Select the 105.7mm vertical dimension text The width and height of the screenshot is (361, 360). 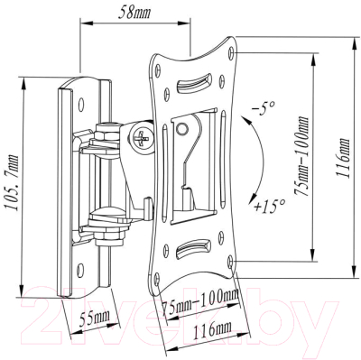click(x=11, y=184)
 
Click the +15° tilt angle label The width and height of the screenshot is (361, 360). click(x=267, y=207)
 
